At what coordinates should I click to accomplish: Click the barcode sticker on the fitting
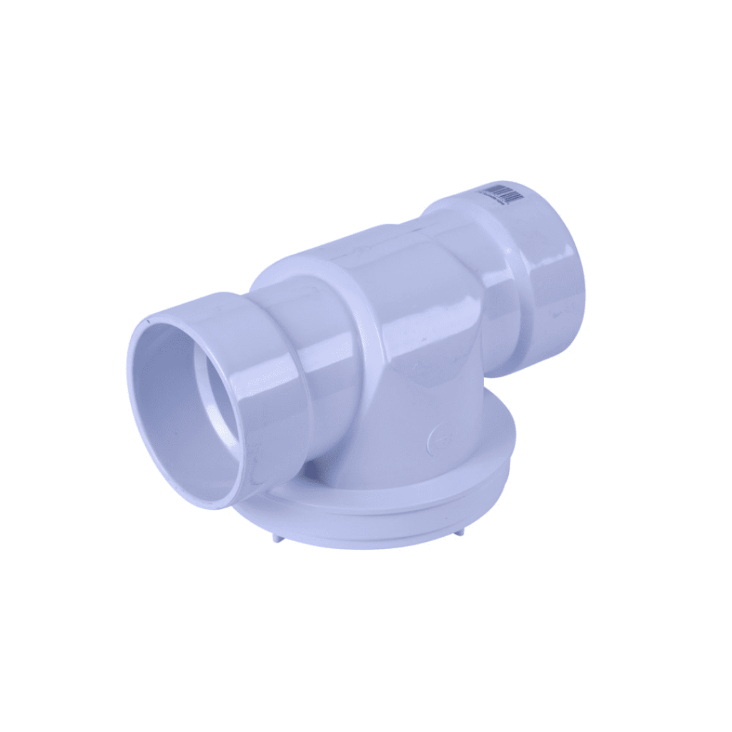coord(500,194)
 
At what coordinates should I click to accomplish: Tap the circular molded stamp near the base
coord(439,437)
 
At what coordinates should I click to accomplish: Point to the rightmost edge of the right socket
coord(583,286)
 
